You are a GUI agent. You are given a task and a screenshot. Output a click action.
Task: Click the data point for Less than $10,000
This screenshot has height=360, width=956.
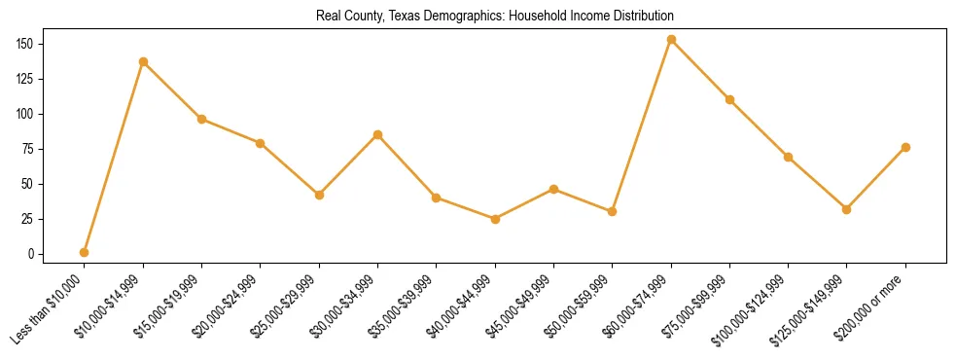tap(85, 252)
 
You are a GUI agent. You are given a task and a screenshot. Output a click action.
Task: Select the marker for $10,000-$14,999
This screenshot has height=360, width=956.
tap(143, 61)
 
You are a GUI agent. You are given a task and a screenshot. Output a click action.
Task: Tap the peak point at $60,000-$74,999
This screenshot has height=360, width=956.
tap(671, 39)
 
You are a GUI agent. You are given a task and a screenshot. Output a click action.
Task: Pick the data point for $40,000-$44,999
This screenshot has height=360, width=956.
tap(495, 219)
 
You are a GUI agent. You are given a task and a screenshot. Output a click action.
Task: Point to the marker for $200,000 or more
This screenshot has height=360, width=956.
tap(905, 147)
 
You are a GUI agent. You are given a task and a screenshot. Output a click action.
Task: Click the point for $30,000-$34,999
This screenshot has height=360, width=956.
tap(377, 134)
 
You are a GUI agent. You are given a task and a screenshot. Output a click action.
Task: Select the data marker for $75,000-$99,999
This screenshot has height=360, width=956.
tap(729, 99)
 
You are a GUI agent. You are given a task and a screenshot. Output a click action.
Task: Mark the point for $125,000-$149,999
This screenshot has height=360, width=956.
tap(846, 209)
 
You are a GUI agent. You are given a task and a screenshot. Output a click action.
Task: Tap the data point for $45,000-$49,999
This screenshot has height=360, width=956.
tap(553, 189)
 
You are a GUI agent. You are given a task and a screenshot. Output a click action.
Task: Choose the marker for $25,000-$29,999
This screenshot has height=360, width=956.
tap(319, 195)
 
